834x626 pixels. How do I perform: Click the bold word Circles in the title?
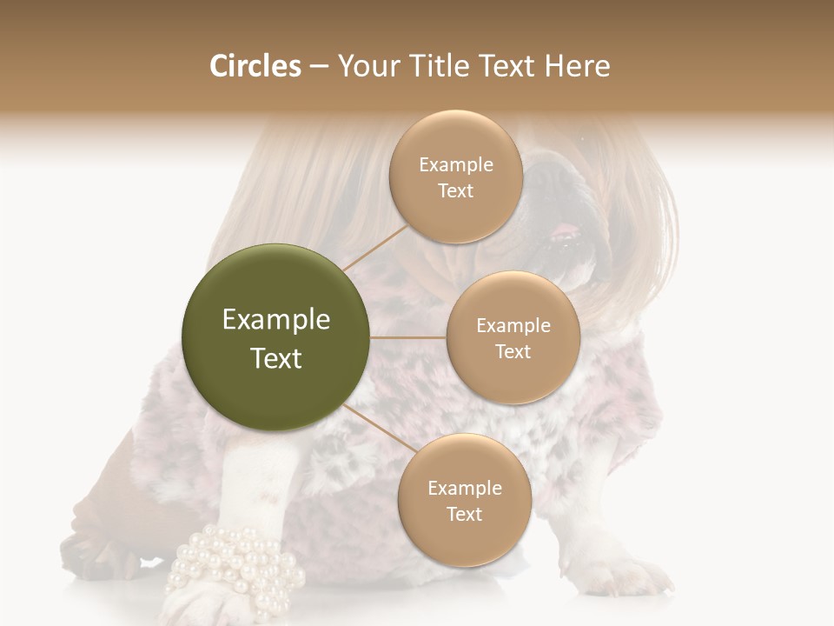255,66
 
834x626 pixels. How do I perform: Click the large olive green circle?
276,337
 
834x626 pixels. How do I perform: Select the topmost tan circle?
455,176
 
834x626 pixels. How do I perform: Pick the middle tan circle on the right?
513,337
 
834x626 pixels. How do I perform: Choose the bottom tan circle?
464,500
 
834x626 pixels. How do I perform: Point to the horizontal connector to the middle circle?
408,337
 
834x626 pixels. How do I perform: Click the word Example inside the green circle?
276,320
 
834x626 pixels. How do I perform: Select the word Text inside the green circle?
276,358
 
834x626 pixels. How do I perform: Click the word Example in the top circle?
455,164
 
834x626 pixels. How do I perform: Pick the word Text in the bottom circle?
464,514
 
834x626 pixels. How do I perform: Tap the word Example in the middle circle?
513,325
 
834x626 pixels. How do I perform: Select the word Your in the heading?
368,66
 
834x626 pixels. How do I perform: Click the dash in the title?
318,67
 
